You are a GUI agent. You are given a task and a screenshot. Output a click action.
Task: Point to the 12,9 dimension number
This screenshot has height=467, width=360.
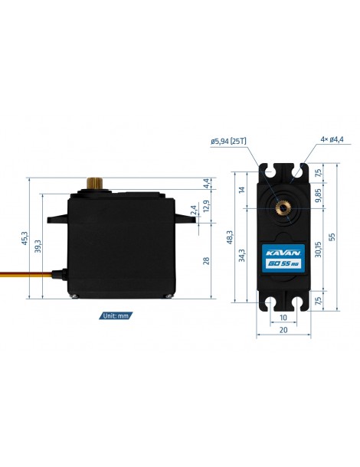coord(206,205)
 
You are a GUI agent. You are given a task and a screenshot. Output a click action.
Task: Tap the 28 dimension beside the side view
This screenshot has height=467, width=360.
coord(206,261)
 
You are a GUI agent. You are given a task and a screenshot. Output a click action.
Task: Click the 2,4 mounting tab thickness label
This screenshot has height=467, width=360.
coord(194,210)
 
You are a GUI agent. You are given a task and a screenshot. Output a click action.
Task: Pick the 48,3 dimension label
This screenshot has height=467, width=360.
coord(230,237)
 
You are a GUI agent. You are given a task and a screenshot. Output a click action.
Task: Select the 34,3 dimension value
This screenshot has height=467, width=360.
coord(242,255)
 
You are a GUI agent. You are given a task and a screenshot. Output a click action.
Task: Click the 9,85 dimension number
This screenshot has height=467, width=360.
coord(319,195)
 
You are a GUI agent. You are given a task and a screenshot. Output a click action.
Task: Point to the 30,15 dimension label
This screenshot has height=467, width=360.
coord(319,250)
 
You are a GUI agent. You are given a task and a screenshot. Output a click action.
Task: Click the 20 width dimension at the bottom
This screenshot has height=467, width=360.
coord(283,330)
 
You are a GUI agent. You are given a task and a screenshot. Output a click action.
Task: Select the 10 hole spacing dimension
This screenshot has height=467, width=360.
coord(283,318)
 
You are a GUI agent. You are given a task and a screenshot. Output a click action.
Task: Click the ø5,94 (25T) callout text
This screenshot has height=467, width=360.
coord(228,141)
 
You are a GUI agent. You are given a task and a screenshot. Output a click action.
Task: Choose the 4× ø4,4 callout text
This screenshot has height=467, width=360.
coord(332,139)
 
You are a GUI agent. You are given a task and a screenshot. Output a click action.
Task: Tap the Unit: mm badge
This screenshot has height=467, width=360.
coord(116,315)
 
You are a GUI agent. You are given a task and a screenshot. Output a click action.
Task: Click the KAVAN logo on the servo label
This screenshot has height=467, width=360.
coord(283,253)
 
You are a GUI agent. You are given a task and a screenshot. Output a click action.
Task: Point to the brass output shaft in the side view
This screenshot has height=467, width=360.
coord(95,183)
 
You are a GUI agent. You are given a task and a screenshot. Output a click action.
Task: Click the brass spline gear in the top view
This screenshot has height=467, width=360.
coord(282,208)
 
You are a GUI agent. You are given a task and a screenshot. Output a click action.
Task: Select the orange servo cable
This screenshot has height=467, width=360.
coord(26,275)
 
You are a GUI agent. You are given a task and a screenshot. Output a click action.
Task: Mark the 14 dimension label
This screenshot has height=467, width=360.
coord(242,189)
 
